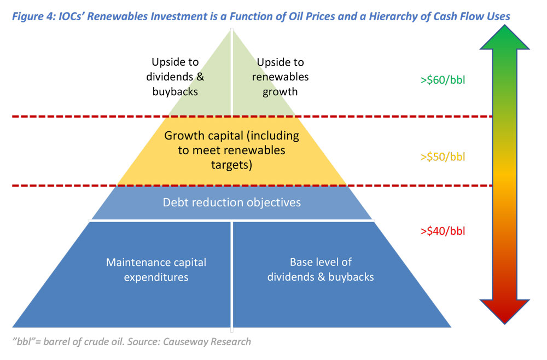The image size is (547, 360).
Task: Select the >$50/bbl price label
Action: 443,157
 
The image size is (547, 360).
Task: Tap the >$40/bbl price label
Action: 443,230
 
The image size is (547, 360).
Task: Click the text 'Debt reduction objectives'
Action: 232,202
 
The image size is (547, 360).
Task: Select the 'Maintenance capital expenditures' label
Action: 156,270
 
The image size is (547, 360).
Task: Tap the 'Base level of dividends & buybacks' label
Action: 321,270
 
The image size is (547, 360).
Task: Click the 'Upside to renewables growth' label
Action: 280,77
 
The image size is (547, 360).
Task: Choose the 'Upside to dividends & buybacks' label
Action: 175,77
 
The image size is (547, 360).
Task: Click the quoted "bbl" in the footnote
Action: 25,342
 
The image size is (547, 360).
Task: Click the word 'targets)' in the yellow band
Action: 232,165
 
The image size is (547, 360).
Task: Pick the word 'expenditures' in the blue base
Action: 156,277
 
